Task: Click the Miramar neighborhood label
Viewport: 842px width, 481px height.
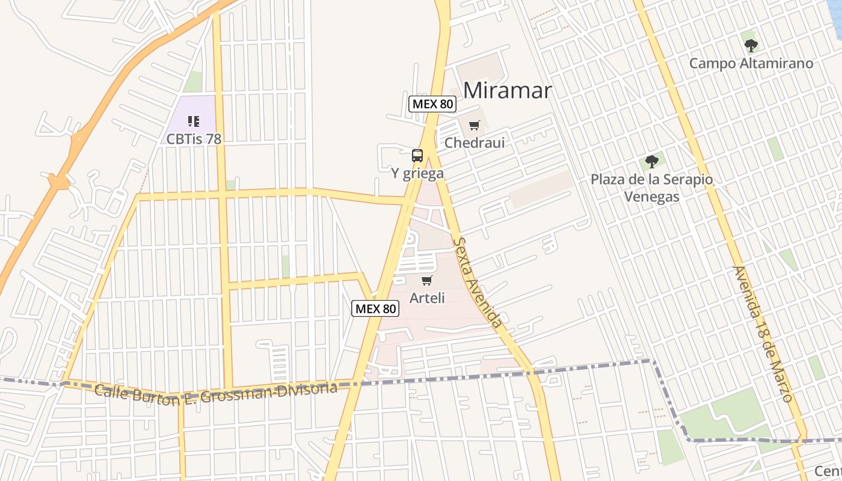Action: click(x=508, y=90)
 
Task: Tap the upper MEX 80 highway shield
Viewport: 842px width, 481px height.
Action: click(x=432, y=104)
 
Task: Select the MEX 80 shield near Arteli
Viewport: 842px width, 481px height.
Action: click(x=375, y=308)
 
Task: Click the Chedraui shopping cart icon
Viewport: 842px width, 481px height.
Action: click(x=475, y=126)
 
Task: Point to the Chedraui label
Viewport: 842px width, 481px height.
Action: click(x=475, y=143)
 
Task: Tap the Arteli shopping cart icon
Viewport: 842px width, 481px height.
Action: click(x=427, y=280)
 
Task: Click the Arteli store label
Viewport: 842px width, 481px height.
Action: click(x=427, y=298)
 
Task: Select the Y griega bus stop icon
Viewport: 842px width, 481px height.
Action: click(x=417, y=156)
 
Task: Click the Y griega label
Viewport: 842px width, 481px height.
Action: click(x=417, y=174)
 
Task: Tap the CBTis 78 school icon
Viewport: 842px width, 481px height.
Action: click(x=194, y=121)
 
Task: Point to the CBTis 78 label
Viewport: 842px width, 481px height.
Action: click(x=194, y=139)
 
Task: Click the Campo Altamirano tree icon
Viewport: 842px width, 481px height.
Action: click(x=751, y=45)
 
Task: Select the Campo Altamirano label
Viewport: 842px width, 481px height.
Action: click(x=751, y=63)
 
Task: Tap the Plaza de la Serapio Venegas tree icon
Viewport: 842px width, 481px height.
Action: click(x=651, y=161)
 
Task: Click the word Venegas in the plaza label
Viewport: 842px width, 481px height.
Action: click(x=651, y=197)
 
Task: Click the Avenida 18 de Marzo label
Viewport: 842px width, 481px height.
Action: click(x=763, y=334)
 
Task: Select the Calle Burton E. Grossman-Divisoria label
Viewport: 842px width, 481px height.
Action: click(x=215, y=394)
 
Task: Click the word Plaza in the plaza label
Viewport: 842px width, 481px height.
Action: click(x=609, y=180)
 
